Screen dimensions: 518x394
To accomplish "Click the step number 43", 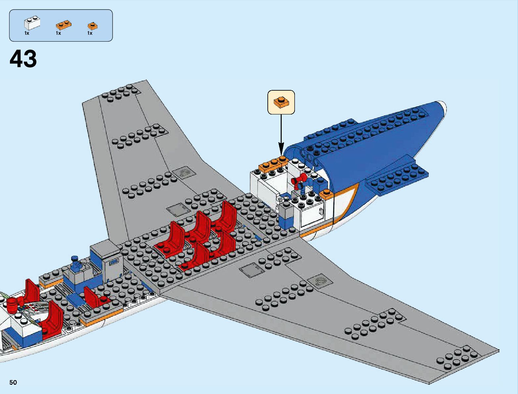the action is (23, 59).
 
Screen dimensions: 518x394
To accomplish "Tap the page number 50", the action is (13, 382).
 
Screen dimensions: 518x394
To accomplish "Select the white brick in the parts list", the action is (32, 23).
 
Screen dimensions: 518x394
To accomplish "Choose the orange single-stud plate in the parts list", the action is (92, 26).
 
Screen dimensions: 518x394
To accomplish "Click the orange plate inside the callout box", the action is (281, 102).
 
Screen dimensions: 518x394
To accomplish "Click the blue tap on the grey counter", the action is (76, 262).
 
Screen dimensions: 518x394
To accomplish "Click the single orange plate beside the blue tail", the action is (326, 194).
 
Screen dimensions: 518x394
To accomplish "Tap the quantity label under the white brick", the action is (27, 33).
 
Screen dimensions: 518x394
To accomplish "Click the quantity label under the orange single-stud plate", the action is (90, 33).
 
